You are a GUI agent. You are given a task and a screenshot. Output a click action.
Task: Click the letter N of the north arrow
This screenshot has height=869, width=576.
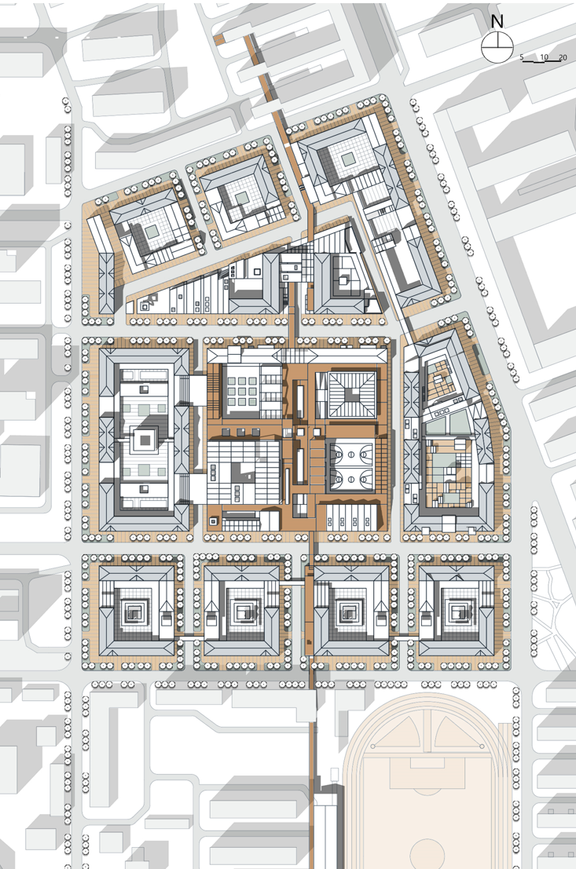pos(497,21)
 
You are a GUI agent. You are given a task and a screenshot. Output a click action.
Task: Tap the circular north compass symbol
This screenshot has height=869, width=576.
pos(497,46)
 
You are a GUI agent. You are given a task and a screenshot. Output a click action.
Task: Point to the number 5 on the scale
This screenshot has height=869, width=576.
pos(522,57)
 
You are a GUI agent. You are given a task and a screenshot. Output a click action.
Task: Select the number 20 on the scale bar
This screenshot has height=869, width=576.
pos(563,57)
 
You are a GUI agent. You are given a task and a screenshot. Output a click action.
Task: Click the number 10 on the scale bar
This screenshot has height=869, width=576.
pos(544,57)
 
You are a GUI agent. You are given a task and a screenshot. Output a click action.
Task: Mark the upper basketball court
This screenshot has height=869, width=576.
pos(352,454)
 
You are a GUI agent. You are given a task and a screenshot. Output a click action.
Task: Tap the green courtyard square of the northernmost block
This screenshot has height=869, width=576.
pos(348,159)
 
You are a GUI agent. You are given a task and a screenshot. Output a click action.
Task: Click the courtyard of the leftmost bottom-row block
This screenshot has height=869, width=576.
pos(134,612)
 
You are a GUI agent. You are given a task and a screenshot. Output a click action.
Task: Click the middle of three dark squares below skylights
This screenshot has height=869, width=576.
pos(240,432)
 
